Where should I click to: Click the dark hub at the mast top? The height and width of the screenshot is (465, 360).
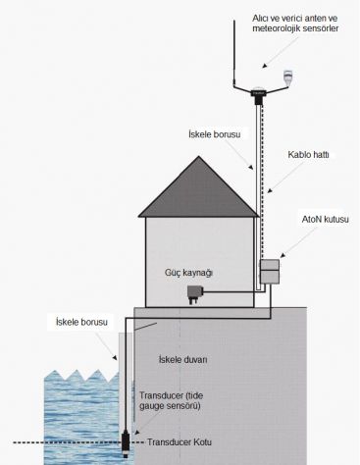point(259,94)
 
